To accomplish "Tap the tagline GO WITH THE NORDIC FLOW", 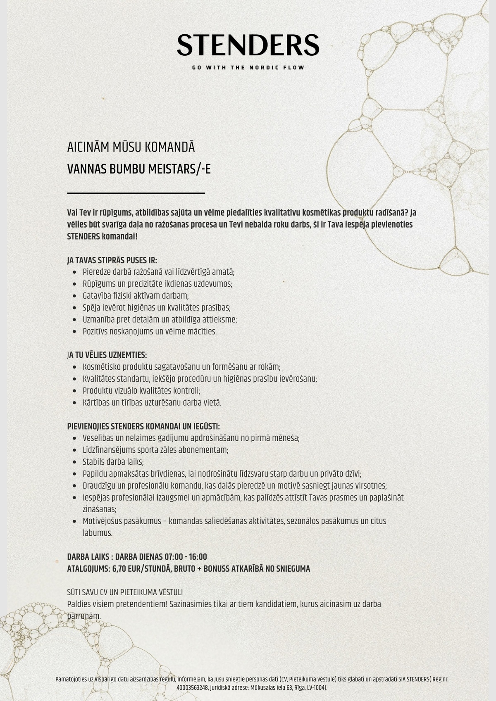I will (248, 67).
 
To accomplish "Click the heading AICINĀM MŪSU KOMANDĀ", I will (131, 147).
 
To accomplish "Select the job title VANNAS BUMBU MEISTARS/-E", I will (139, 169).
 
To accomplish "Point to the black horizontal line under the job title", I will (136, 193).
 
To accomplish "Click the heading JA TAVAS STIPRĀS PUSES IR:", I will (112, 260).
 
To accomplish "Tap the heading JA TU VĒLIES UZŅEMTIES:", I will (107, 355).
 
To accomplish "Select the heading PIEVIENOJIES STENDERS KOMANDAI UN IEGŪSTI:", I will (143, 426).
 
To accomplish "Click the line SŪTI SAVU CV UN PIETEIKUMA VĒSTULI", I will (125, 592).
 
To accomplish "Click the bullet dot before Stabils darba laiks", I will (74, 462).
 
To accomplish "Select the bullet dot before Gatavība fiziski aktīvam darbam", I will (74, 296).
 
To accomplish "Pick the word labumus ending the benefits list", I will (97, 533).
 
